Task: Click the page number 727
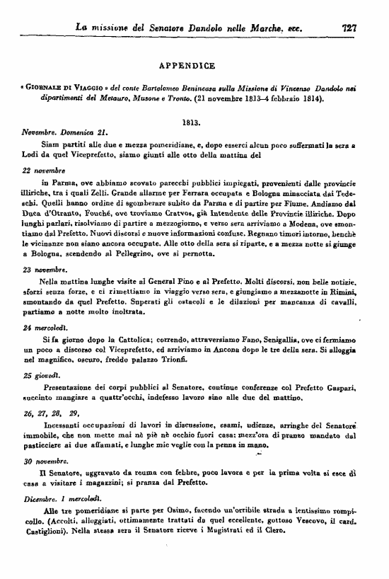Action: (348, 28)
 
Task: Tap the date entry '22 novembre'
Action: (44, 171)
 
